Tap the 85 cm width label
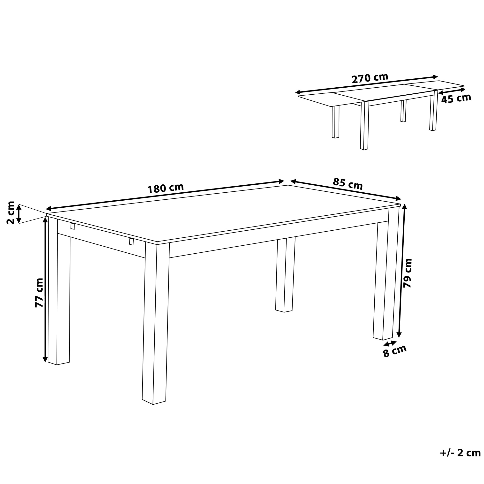(x=348, y=184)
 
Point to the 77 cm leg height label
(x=39, y=293)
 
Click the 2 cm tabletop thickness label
(x=10, y=213)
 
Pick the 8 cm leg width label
(x=394, y=351)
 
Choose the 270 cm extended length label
(x=370, y=78)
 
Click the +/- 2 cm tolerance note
(x=460, y=460)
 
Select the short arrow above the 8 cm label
(x=390, y=343)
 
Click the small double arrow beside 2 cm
(x=19, y=214)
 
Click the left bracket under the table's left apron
(x=73, y=226)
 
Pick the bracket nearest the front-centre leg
(x=131, y=242)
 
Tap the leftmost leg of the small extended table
(x=335, y=122)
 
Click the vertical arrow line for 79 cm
(x=402, y=271)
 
